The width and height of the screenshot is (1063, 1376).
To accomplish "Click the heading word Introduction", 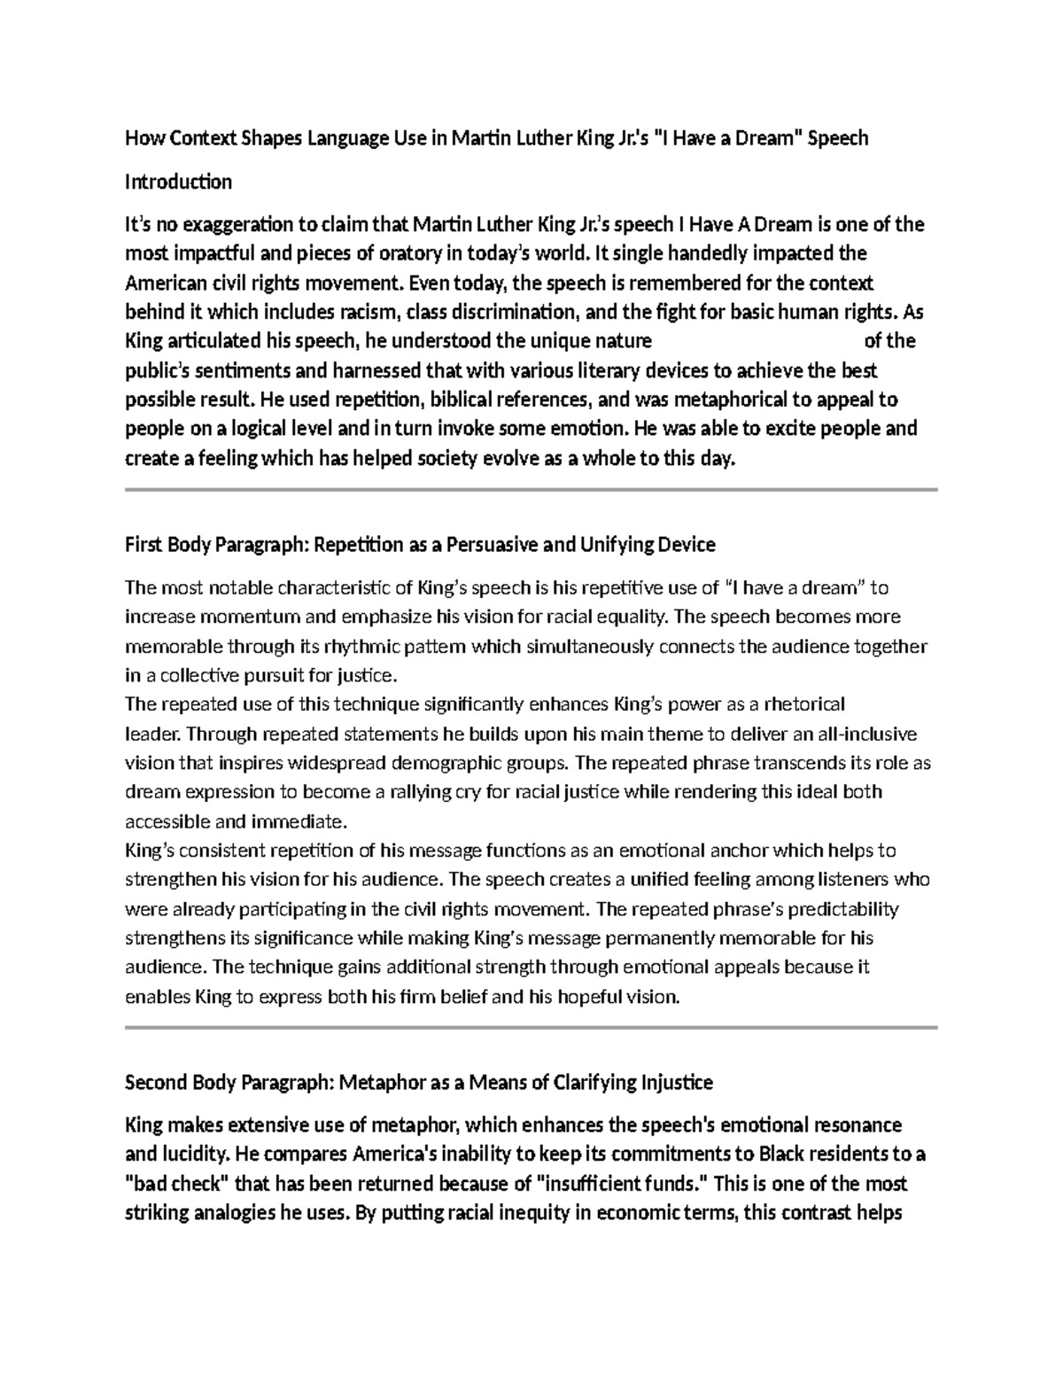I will point(178,182).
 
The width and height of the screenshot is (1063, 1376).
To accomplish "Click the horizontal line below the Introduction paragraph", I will point(531,489).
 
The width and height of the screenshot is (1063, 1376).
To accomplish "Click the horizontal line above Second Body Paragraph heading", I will point(531,1027).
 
